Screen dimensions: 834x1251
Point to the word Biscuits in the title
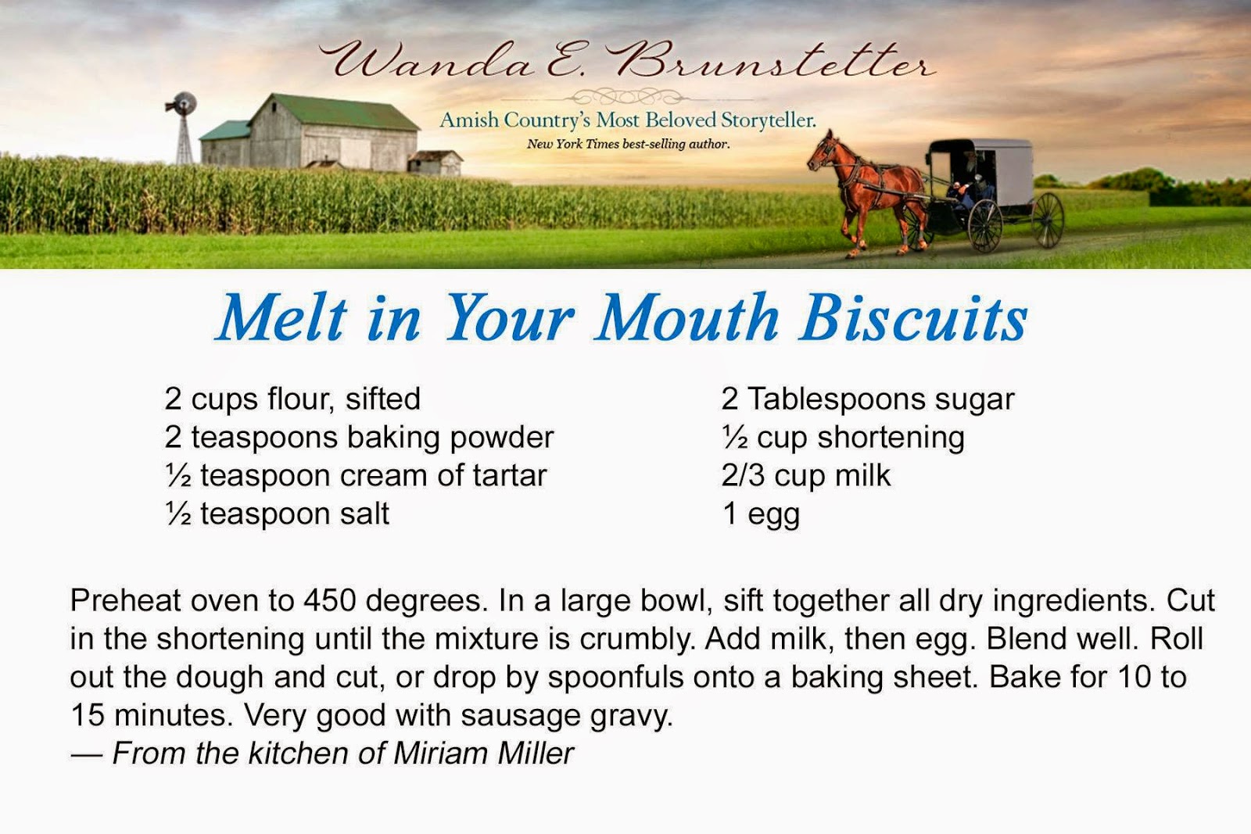click(912, 318)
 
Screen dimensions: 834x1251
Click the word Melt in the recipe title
click(281, 318)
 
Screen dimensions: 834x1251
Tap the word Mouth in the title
click(686, 318)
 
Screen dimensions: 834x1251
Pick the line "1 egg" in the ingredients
click(760, 514)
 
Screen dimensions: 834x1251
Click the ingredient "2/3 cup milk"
click(805, 476)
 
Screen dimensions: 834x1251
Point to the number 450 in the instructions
click(330, 601)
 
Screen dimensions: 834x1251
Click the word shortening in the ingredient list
click(891, 438)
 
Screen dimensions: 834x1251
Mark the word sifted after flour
click(383, 399)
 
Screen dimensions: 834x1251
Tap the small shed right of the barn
click(436, 162)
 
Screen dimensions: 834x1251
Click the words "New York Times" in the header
click(572, 144)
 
